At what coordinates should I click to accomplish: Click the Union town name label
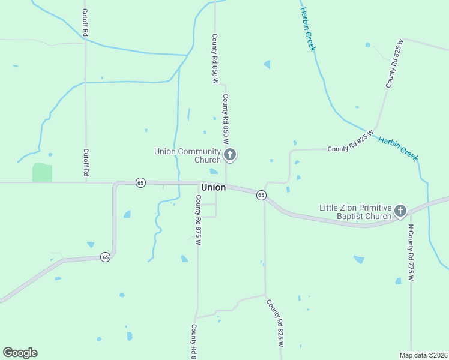point(214,187)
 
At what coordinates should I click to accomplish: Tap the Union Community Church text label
point(188,155)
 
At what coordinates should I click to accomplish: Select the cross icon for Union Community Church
point(229,155)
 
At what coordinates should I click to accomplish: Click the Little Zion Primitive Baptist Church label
point(355,212)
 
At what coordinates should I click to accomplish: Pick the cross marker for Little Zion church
point(400,211)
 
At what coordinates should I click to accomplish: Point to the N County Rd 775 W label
point(411,253)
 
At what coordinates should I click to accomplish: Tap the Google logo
point(20,353)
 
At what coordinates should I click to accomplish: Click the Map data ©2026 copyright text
point(423,355)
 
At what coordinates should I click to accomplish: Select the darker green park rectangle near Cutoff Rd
point(42,172)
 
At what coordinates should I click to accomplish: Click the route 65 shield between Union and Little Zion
point(261,195)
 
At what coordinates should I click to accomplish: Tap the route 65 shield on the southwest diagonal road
point(105,257)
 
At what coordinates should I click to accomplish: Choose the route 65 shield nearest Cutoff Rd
point(140,182)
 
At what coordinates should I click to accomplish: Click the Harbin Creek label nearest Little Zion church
point(397,148)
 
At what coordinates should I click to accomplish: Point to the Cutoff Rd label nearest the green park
point(86,163)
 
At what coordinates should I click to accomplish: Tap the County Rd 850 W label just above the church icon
point(226,119)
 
